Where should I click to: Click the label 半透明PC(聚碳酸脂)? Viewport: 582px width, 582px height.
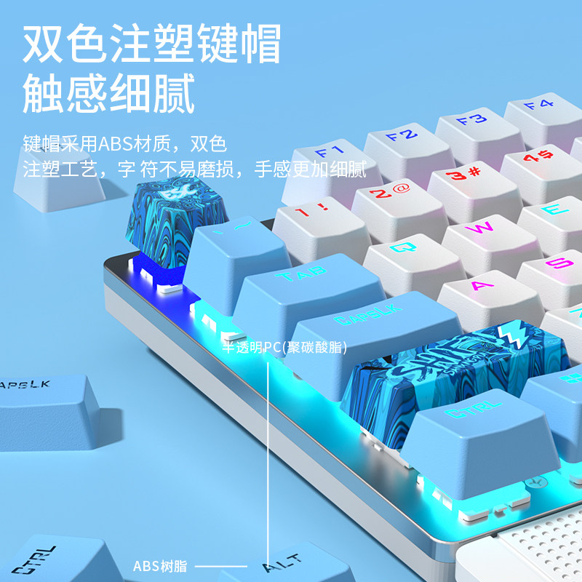pyautogui.click(x=285, y=347)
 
